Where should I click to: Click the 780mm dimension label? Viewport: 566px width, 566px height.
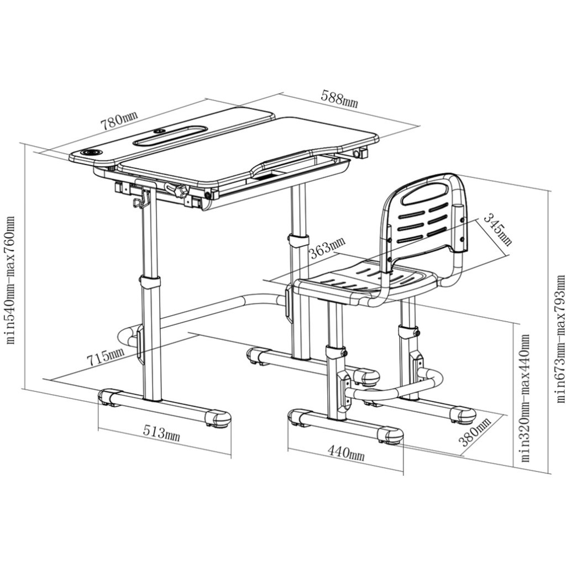pos(119,120)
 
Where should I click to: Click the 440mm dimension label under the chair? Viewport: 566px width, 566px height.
pos(346,452)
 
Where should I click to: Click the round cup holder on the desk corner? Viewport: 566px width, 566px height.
pos(91,153)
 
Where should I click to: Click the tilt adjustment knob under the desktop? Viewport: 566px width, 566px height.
pos(177,190)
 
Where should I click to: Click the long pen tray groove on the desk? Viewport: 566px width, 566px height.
pos(170,136)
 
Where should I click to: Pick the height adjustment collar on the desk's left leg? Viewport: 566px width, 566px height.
pos(150,281)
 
